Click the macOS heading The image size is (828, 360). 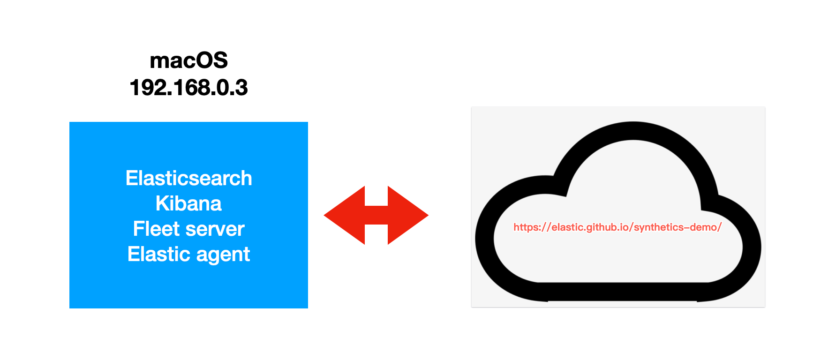(188, 60)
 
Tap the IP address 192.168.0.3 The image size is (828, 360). (188, 88)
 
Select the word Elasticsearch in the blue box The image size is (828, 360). (188, 178)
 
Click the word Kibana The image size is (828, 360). (188, 203)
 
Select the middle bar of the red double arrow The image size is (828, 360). (376, 215)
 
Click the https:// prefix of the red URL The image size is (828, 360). (532, 227)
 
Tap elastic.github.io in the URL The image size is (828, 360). (590, 227)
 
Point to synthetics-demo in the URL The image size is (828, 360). (675, 227)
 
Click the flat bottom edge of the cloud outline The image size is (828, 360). (624, 292)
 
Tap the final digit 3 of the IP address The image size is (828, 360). (242, 88)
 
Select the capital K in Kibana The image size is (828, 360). (162, 203)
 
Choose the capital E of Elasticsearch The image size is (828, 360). (131, 178)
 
